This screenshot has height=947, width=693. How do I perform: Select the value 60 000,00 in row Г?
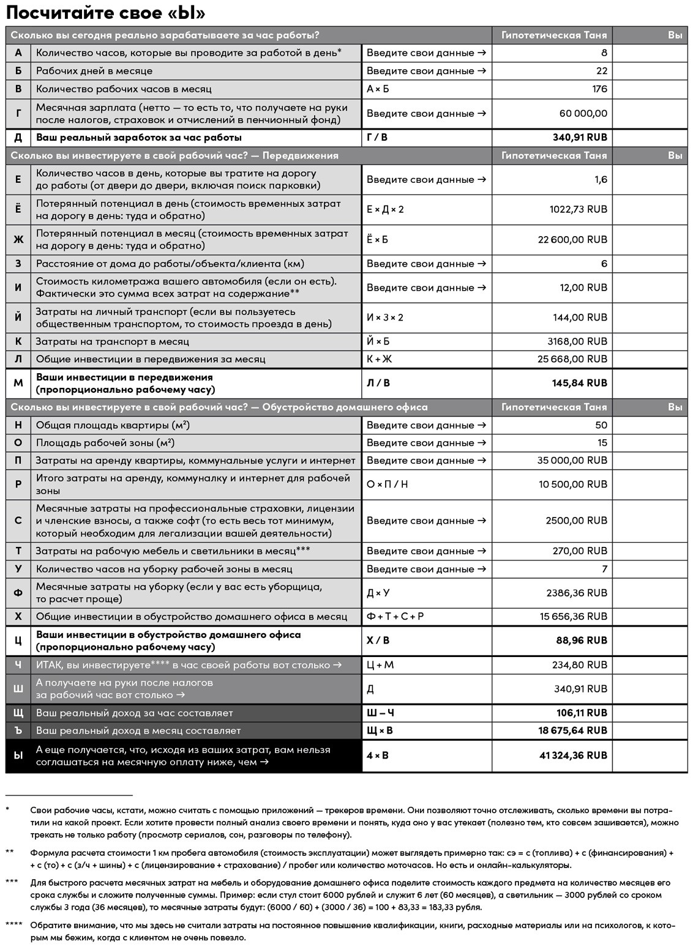(x=583, y=113)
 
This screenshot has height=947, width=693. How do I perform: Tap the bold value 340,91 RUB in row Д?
(x=579, y=138)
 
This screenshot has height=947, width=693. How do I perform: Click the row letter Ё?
(x=18, y=209)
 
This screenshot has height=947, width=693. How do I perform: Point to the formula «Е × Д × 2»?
(x=385, y=209)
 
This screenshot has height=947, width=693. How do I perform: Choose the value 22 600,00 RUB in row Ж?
(x=572, y=239)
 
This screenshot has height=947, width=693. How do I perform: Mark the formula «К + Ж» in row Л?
(x=380, y=359)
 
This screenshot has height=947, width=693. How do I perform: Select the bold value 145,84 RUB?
(x=579, y=383)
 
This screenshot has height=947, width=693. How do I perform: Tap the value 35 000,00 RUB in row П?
(x=572, y=460)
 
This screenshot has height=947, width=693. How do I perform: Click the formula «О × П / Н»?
(x=387, y=485)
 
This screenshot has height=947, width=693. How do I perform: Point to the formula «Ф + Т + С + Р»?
(x=395, y=617)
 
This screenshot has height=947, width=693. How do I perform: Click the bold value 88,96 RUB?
(x=582, y=641)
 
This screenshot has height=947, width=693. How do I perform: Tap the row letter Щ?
(x=18, y=713)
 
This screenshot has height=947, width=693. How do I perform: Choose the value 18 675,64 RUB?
(x=573, y=730)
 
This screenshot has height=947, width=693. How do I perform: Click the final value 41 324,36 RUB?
(x=573, y=756)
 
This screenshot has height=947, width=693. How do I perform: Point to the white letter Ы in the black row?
(x=18, y=756)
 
